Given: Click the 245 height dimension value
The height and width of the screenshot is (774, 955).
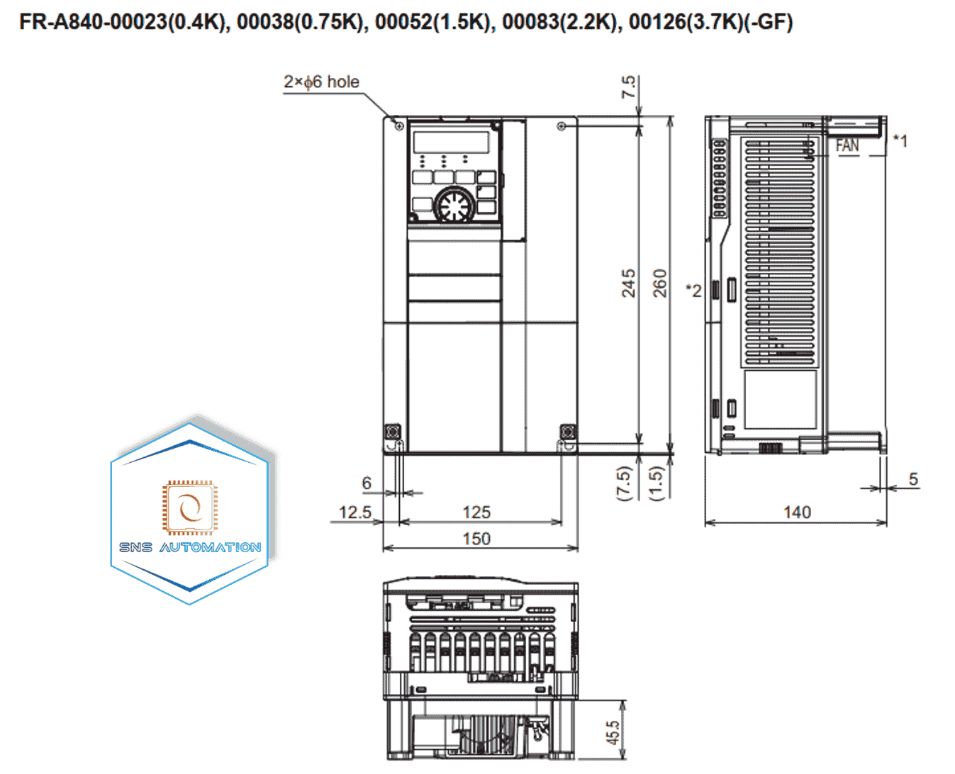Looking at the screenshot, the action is click(x=628, y=284).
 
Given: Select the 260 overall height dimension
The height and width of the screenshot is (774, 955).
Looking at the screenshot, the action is click(x=660, y=284).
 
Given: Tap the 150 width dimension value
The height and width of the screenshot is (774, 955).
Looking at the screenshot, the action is click(x=476, y=538).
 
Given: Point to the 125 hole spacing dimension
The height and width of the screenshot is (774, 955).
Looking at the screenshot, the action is click(x=476, y=512).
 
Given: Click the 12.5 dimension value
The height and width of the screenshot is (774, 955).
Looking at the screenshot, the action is click(x=355, y=512).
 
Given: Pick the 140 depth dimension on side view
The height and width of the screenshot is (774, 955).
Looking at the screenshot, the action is click(x=797, y=512).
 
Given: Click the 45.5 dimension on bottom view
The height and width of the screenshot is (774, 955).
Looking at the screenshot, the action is click(x=613, y=733).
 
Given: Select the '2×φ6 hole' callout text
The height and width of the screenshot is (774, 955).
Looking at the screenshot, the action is click(x=321, y=82).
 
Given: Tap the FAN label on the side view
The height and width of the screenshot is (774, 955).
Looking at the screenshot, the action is click(x=847, y=145).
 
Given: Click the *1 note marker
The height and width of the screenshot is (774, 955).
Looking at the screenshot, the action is click(x=900, y=141).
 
